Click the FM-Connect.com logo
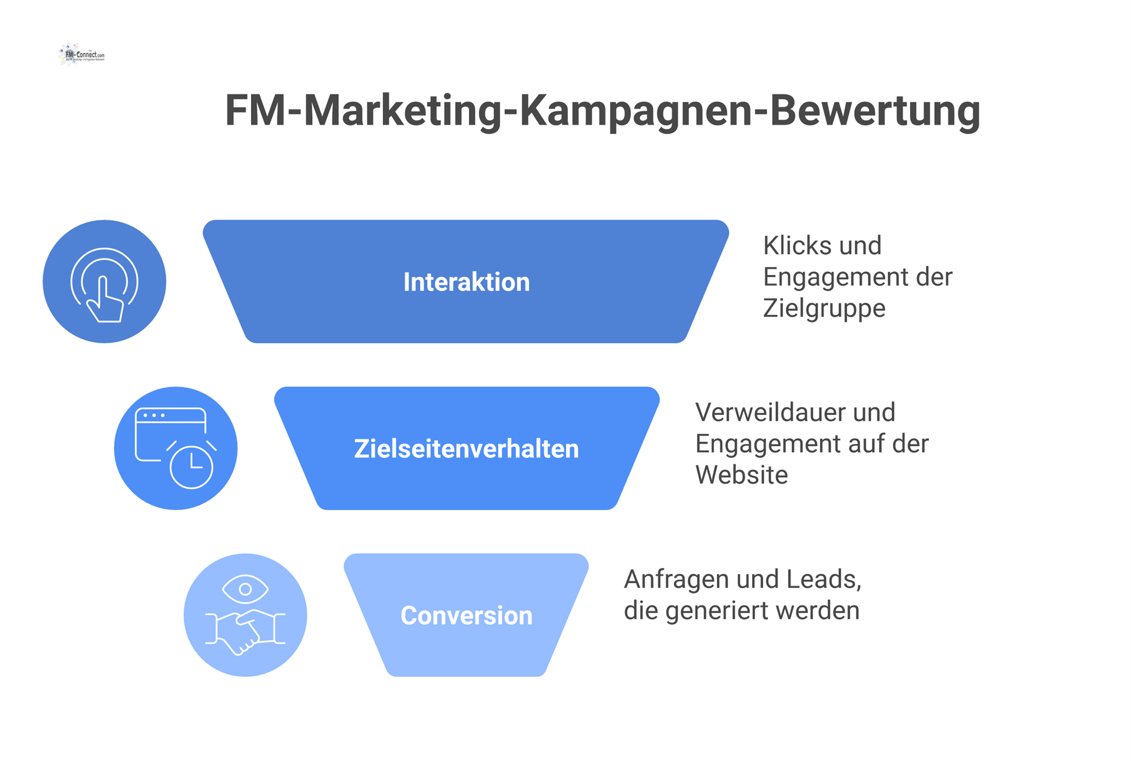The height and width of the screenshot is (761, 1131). pos(82,55)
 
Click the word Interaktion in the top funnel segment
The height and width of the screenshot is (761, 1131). pos(466,282)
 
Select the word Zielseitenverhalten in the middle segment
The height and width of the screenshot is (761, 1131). pos(466,448)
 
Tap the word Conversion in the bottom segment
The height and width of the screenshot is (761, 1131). pos(466,616)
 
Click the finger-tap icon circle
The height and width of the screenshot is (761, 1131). pos(104,281)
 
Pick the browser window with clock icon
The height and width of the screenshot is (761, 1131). pos(176,448)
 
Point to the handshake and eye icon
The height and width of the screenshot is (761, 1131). pos(245,615)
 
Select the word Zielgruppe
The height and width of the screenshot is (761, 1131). pos(824,308)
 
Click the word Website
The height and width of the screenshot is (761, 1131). pos(741,475)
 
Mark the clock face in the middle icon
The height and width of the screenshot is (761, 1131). pos(191,467)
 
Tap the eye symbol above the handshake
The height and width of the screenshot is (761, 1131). pos(245,589)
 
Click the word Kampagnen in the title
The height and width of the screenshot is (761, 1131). pos(636,111)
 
